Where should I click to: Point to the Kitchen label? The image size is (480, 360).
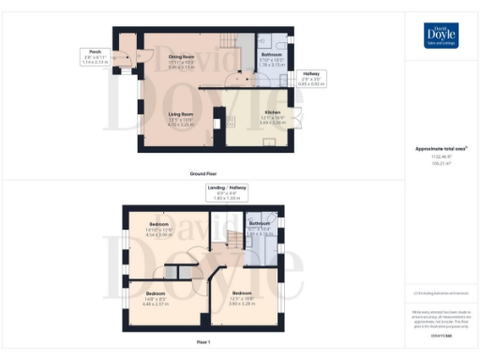point(247,117)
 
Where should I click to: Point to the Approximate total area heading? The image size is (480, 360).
point(440,149)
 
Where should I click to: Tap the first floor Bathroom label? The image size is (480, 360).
point(260,228)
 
